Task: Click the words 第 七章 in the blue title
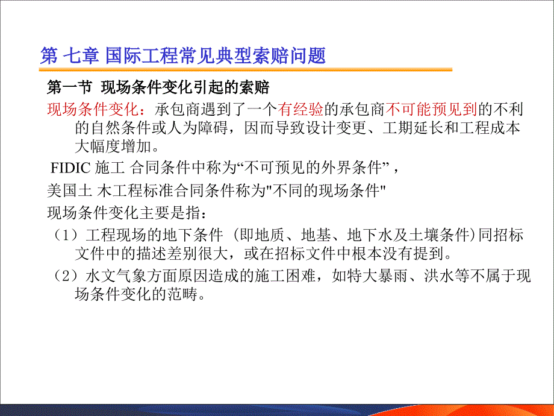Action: click(70, 56)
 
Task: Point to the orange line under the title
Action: click(246, 70)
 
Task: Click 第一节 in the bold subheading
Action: click(70, 87)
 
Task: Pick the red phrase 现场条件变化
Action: click(92, 109)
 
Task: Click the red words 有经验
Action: click(300, 109)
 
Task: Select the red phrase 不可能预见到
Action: click(431, 109)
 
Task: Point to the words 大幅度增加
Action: click(113, 146)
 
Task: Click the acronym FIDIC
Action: click(70, 168)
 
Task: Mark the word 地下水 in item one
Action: click(370, 235)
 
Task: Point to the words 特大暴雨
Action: click(378, 276)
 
